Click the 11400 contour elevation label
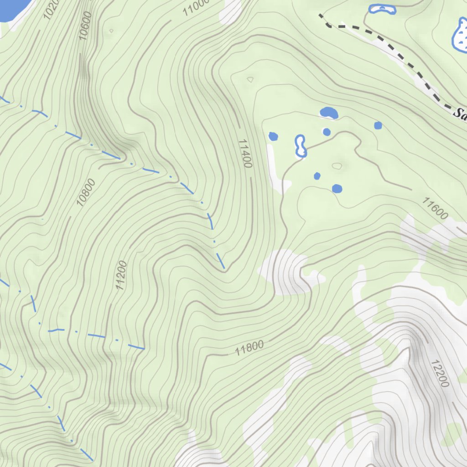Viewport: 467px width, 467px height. pyautogui.click(x=245, y=154)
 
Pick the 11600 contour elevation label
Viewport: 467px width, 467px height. pyautogui.click(x=435, y=208)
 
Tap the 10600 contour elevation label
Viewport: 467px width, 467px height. pyautogui.click(x=85, y=26)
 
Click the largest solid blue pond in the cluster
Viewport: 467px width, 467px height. pyautogui.click(x=329, y=113)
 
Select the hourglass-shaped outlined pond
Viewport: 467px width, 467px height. pyautogui.click(x=301, y=146)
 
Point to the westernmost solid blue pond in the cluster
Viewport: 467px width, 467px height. pyautogui.click(x=273, y=136)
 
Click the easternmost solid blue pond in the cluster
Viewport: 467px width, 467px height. pyautogui.click(x=378, y=125)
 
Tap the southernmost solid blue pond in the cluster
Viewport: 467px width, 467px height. pyautogui.click(x=337, y=188)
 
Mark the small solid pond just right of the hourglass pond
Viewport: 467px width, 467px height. pyautogui.click(x=327, y=132)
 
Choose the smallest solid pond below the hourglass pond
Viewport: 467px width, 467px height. pyautogui.click(x=317, y=176)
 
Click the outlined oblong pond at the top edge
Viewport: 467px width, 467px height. pyautogui.click(x=382, y=9)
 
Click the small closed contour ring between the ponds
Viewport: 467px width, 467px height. pyautogui.click(x=337, y=166)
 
